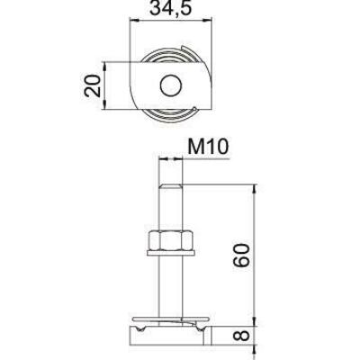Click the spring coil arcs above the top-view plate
[x=171, y=56]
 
